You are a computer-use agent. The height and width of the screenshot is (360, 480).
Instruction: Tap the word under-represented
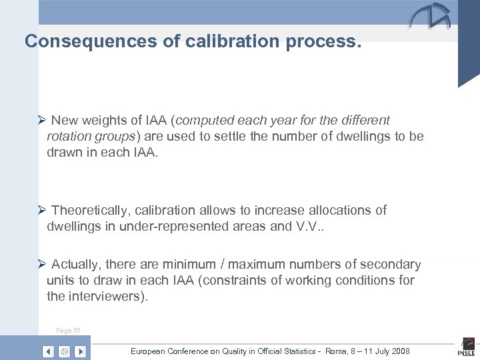tap(176, 226)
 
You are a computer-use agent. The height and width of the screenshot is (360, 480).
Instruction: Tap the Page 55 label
tap(68, 331)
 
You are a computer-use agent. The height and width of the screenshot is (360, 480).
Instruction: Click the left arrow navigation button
tap(49, 351)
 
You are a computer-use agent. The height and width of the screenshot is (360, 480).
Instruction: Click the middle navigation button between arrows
tap(65, 351)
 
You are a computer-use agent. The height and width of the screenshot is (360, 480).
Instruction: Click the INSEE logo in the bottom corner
tap(466, 349)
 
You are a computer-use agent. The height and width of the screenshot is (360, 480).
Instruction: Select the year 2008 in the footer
tap(400, 351)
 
